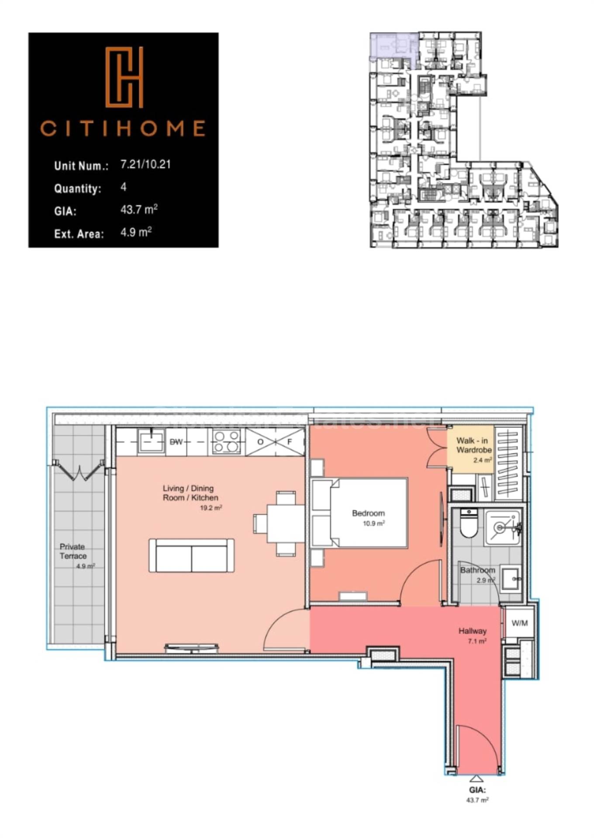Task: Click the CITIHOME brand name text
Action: (x=123, y=128)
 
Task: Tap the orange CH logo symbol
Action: (x=124, y=77)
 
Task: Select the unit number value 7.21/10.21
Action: (x=145, y=165)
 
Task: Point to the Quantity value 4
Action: (x=124, y=187)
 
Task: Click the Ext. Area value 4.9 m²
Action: (x=136, y=232)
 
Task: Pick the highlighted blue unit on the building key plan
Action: (x=391, y=46)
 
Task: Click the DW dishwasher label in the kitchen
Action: (x=176, y=442)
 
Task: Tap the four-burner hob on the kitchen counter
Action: (x=226, y=442)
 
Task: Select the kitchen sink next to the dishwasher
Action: (x=151, y=442)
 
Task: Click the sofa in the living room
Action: (x=191, y=556)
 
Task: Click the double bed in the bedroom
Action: (x=359, y=513)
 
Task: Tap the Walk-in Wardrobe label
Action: (x=474, y=446)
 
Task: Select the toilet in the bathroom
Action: (x=469, y=524)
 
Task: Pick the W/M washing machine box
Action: (x=519, y=623)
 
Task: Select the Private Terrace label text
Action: (x=73, y=551)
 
